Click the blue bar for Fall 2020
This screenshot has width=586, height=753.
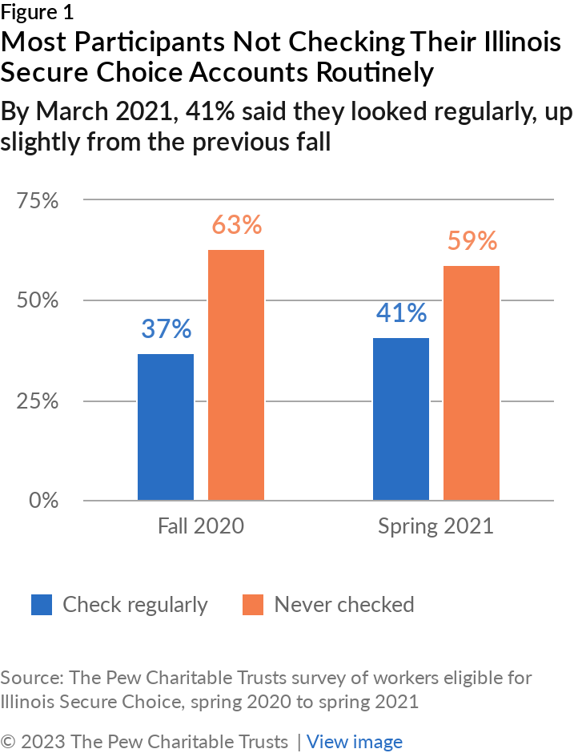[166, 427]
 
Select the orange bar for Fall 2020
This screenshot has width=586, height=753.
[236, 375]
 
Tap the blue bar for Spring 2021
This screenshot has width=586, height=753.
[401, 419]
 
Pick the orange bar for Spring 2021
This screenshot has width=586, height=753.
[472, 383]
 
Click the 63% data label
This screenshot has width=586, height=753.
[237, 224]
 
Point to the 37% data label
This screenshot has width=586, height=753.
[166, 329]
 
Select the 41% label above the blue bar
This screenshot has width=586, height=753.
[401, 312]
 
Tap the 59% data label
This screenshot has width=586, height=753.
[472, 240]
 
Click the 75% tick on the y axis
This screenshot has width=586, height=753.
[38, 200]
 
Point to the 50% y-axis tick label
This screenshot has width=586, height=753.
[38, 300]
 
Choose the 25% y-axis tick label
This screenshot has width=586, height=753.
[38, 401]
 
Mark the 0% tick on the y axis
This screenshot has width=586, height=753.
[44, 501]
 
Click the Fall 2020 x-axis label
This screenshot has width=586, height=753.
[201, 525]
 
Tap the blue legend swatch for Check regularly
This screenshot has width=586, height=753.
[42, 605]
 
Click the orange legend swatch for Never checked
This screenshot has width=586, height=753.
[253, 605]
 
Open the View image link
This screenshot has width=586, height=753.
[355, 742]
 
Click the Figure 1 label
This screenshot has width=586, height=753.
[37, 13]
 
